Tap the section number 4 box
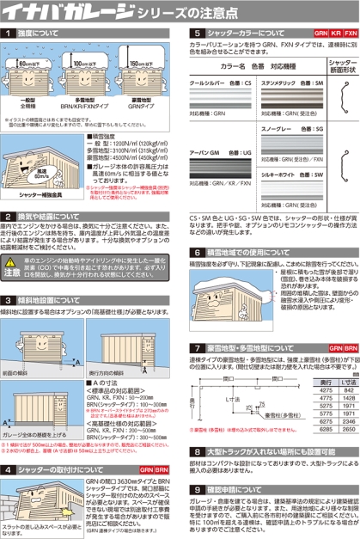pos(8,470)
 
